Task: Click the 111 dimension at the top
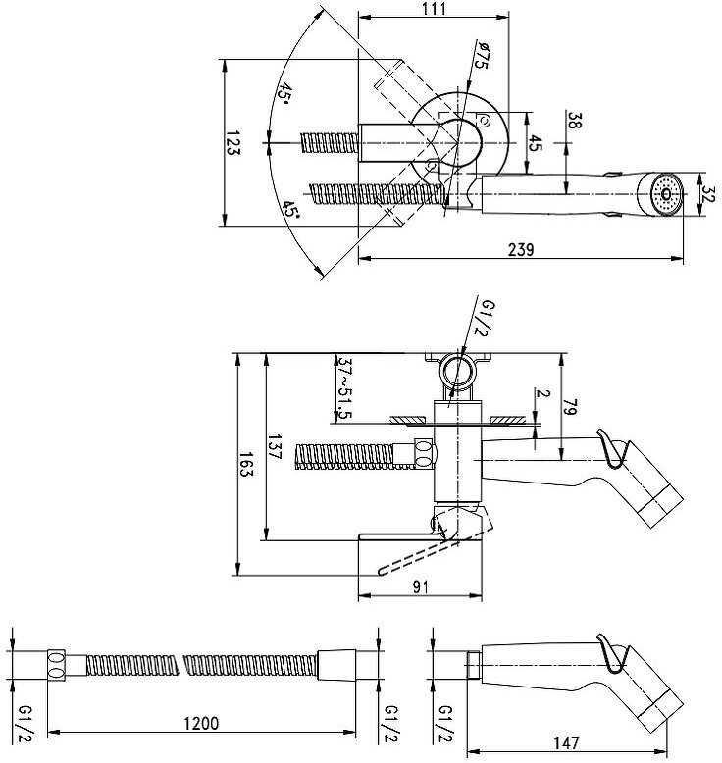(x=435, y=8)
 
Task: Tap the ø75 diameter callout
(x=482, y=56)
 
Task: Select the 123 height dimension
(x=233, y=142)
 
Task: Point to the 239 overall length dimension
(x=521, y=249)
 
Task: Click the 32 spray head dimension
(x=710, y=194)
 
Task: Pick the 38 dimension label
(x=575, y=121)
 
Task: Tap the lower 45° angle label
(x=290, y=210)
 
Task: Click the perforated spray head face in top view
(x=666, y=194)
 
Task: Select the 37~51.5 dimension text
(x=344, y=388)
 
